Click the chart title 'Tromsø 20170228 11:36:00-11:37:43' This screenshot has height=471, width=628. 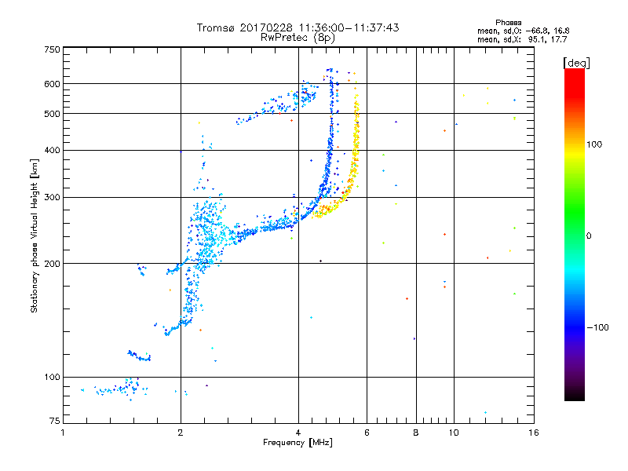[x=298, y=27]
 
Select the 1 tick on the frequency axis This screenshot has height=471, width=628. [x=63, y=433]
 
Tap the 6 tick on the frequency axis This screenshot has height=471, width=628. [x=367, y=433]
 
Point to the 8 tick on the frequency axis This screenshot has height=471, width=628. [x=416, y=433]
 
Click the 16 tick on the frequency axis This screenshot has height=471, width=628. [x=533, y=433]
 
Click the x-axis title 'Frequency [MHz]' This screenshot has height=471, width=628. [x=298, y=444]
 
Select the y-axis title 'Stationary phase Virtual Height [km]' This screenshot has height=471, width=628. [x=35, y=235]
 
